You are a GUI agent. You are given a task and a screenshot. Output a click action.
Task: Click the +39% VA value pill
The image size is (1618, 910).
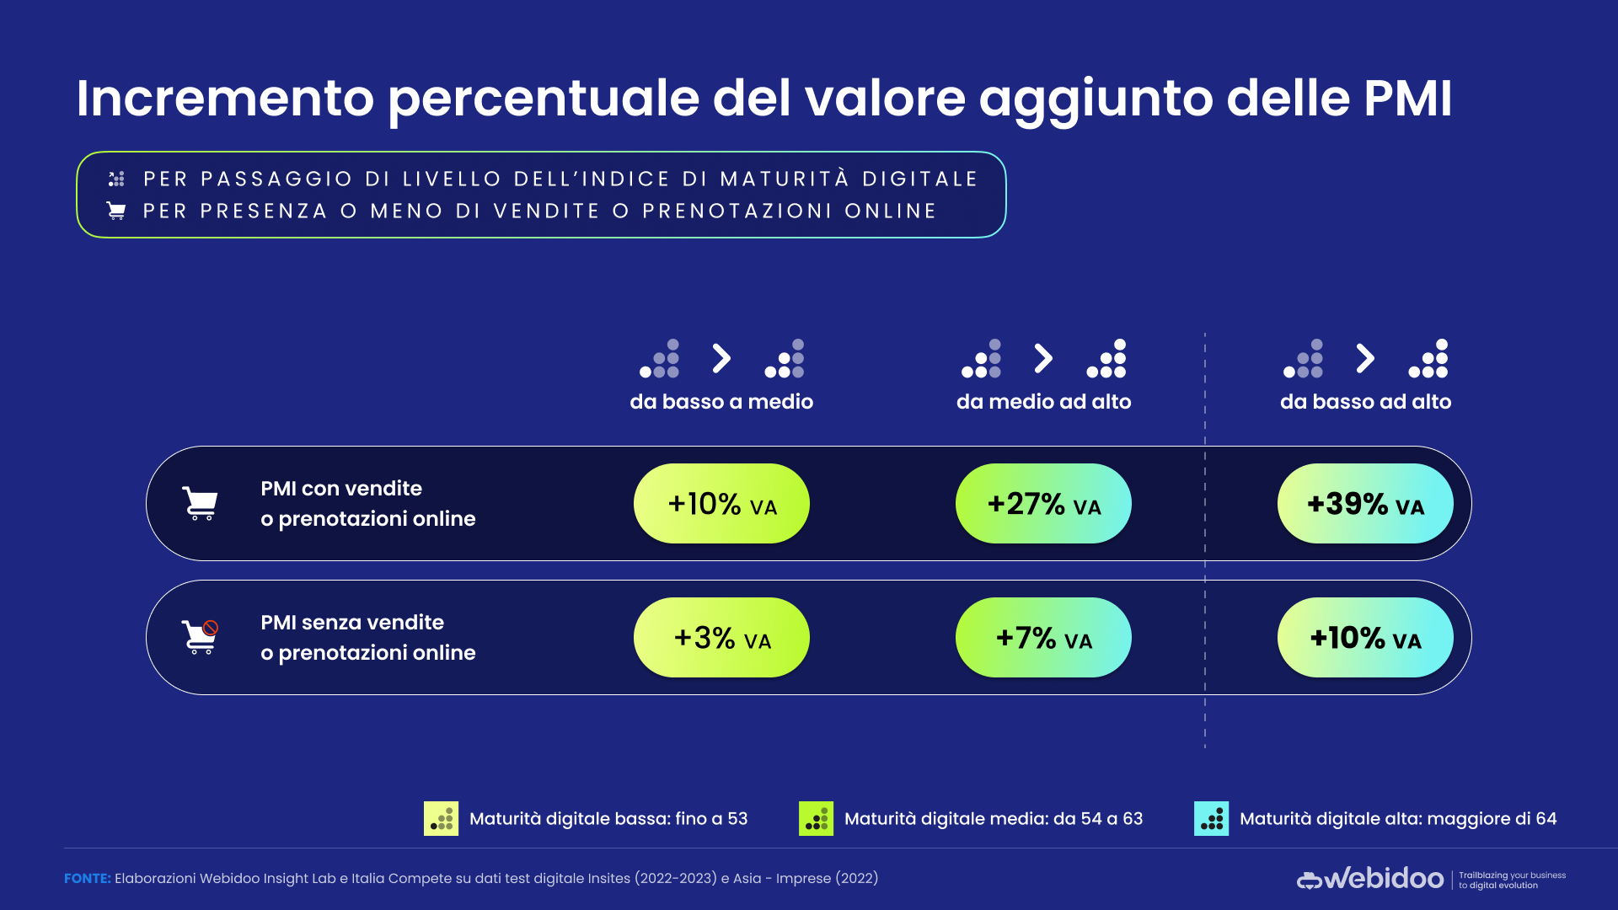[1365, 504]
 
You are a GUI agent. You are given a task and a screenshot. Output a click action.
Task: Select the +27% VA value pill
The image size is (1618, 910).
[1043, 504]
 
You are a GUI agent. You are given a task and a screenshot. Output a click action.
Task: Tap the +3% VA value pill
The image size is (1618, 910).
[721, 638]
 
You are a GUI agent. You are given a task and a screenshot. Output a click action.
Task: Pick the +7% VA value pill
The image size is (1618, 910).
[1043, 638]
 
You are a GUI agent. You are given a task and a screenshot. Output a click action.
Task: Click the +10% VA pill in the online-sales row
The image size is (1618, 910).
[721, 504]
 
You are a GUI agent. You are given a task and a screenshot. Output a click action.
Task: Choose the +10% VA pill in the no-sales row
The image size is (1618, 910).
[1365, 638]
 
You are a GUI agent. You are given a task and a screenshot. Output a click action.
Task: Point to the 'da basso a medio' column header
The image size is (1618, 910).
[721, 402]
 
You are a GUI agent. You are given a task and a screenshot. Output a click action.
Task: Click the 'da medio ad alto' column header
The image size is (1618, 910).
[1043, 402]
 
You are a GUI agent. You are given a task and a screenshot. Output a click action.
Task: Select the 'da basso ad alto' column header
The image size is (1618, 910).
[1365, 402]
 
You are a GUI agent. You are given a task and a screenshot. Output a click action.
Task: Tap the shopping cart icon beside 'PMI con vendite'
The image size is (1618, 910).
[201, 504]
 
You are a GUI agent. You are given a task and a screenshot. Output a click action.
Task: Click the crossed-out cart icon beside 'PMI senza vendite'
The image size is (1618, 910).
[201, 638]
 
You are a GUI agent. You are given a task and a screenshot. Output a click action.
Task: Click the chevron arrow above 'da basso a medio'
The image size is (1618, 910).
[721, 358]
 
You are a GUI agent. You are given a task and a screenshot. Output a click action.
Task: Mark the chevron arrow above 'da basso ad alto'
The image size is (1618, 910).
[1365, 358]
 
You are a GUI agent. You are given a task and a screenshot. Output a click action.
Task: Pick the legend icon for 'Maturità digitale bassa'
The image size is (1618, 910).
[441, 819]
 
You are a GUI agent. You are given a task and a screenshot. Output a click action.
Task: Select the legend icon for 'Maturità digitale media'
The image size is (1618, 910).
[816, 819]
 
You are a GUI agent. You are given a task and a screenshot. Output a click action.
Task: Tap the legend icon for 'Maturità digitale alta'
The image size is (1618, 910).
[1211, 819]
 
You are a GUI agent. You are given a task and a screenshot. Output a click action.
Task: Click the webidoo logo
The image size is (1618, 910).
[1370, 879]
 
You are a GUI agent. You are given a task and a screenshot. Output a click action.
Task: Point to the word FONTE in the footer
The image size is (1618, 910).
[88, 879]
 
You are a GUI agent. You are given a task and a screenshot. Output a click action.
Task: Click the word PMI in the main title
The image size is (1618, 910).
[1407, 99]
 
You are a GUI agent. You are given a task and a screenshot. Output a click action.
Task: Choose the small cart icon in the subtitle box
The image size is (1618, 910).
[116, 211]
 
